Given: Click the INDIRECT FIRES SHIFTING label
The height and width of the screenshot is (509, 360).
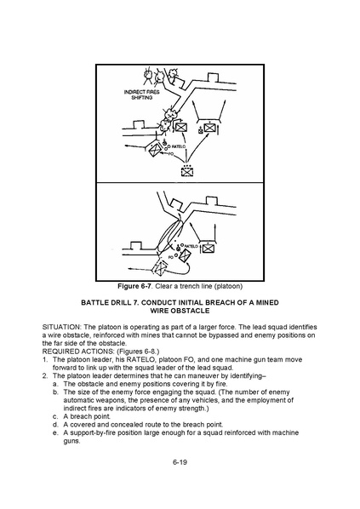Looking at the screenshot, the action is tap(141, 94).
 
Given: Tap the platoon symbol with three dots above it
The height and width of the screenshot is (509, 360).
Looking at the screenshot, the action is tap(186, 170).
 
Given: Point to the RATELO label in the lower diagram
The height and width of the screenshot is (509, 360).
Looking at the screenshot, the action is tap(191, 246).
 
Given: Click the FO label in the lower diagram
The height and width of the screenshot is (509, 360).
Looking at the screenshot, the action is tap(170, 257).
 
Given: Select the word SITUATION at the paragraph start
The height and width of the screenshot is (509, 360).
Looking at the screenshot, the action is tap(61, 327).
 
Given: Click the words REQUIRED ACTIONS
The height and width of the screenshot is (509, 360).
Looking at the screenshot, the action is tap(78, 352).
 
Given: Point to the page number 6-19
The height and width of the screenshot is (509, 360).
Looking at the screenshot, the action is tap(180, 462).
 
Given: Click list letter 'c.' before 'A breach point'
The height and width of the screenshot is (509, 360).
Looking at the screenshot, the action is tap(55, 416).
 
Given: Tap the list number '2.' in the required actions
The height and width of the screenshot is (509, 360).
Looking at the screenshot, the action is tap(45, 376).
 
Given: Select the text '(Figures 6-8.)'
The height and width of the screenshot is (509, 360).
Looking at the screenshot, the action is tap(138, 352).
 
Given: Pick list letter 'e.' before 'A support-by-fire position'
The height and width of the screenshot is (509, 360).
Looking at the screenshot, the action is tap(55, 432).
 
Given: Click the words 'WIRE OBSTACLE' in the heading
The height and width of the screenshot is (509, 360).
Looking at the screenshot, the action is tap(180, 311).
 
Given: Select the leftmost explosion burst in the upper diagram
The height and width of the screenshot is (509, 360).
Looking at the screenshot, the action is tap(147, 75).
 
